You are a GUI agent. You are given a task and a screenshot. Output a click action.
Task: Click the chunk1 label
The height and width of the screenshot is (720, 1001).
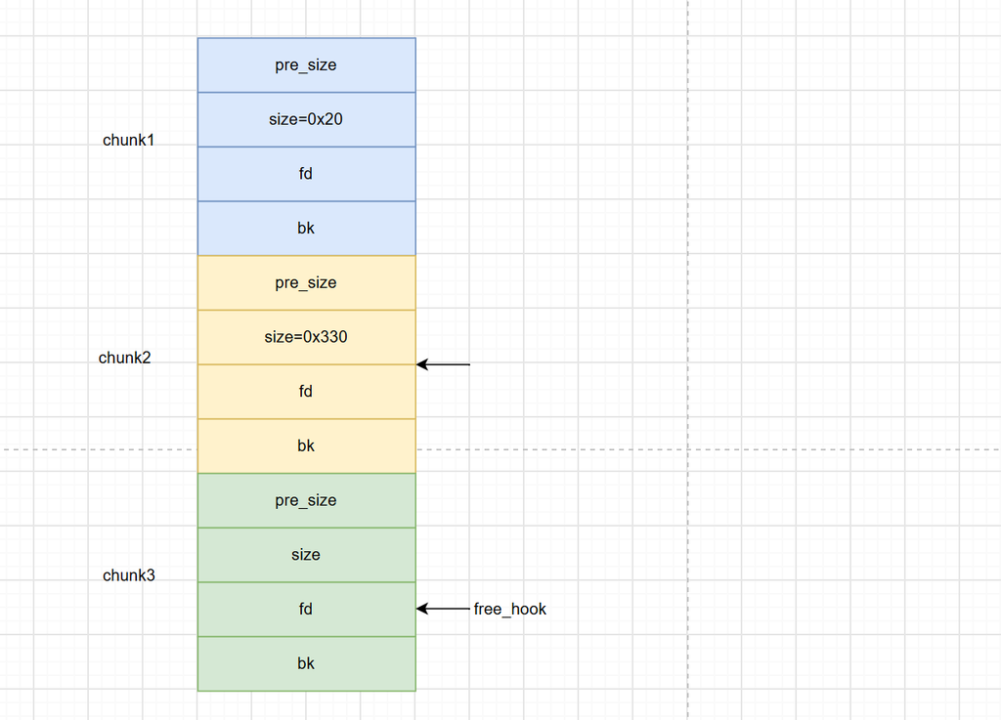click(x=128, y=141)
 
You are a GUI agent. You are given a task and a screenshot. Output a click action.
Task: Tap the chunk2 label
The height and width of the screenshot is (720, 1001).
click(x=124, y=358)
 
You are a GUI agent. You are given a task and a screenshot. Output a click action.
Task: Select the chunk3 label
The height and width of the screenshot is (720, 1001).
click(x=128, y=575)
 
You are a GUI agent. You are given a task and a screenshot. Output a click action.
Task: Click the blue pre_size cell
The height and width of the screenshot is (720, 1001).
click(x=306, y=65)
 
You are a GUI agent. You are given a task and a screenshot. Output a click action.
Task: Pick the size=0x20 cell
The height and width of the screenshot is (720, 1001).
click(x=306, y=119)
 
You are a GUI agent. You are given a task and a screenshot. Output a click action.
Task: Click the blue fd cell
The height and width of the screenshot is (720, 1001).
click(x=306, y=174)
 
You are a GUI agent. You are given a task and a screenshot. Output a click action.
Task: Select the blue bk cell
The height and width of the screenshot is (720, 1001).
click(x=306, y=229)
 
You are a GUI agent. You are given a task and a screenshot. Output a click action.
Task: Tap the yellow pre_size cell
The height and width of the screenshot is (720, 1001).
click(x=306, y=282)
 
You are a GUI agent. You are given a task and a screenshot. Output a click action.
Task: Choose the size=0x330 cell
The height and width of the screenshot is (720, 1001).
click(x=306, y=337)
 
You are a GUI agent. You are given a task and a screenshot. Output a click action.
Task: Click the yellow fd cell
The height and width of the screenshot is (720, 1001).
click(x=306, y=392)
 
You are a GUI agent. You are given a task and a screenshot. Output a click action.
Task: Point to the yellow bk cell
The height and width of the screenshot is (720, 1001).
click(x=306, y=445)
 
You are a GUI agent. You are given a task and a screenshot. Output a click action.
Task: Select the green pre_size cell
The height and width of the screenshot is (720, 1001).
click(x=306, y=500)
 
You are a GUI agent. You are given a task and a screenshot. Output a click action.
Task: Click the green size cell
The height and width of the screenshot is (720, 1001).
click(x=306, y=555)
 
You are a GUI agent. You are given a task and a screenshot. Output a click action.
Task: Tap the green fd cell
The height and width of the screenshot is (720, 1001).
click(x=306, y=609)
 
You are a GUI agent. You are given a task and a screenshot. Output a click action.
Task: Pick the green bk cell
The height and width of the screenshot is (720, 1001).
click(x=306, y=663)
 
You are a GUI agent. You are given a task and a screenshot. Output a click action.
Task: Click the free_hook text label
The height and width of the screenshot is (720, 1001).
click(x=510, y=609)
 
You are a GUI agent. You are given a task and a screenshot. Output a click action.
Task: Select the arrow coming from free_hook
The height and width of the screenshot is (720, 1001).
click(x=443, y=609)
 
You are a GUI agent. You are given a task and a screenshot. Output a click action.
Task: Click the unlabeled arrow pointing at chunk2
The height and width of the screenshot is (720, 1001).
click(x=443, y=364)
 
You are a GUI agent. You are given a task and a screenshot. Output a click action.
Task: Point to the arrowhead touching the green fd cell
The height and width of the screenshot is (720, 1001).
click(x=421, y=609)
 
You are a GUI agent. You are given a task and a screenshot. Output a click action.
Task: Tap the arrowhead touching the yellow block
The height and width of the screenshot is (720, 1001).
click(x=421, y=364)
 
